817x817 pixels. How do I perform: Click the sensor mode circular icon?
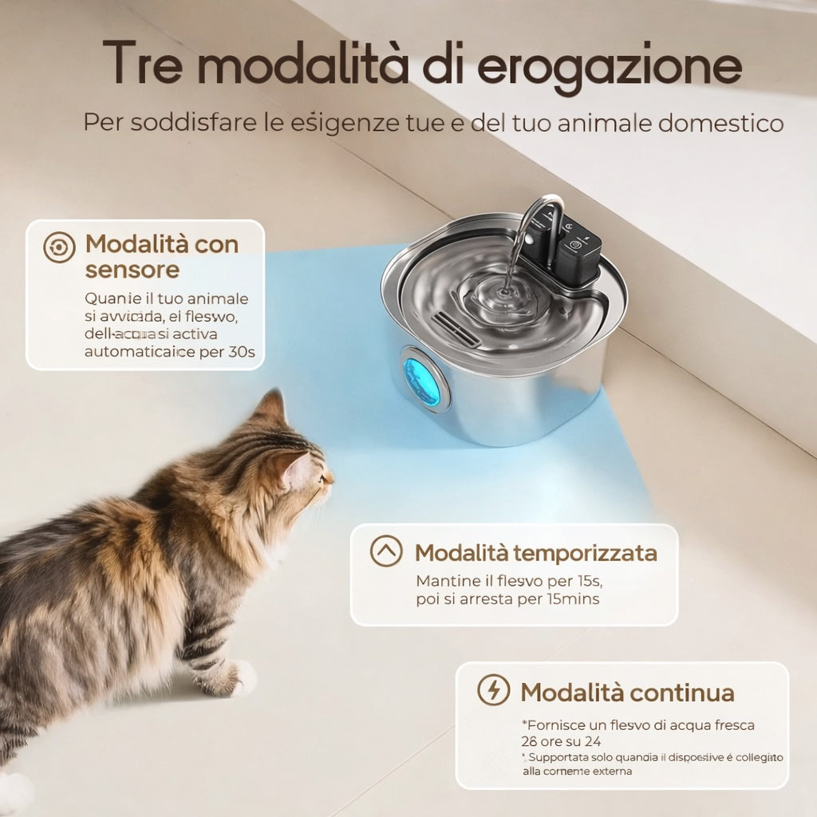point(60,247)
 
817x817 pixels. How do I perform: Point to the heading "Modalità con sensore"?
point(162,256)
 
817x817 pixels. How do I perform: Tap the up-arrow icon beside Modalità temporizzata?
point(386,551)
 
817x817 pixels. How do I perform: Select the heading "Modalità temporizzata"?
point(535,552)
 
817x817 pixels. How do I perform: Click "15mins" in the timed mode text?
point(573,598)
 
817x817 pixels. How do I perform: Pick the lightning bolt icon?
point(493,689)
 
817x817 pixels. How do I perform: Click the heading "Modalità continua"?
point(627,692)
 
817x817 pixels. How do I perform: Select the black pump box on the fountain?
point(577,253)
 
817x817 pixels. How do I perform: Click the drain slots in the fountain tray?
point(456,328)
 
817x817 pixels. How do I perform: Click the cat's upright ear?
point(272,408)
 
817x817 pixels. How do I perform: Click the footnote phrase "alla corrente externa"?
point(577,772)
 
